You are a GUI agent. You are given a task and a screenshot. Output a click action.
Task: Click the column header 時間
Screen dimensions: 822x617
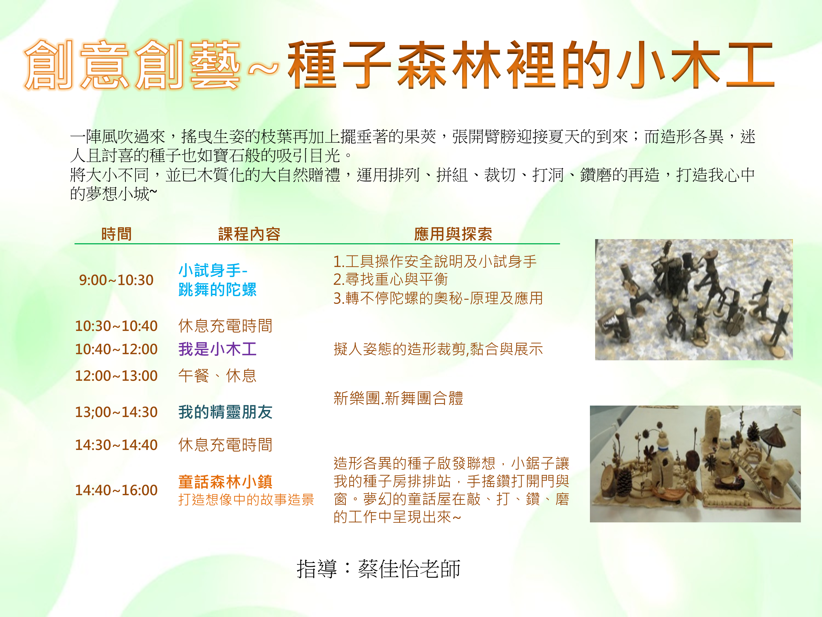pyautogui.click(x=116, y=234)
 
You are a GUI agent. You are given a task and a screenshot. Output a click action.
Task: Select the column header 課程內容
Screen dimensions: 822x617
pyautogui.click(x=249, y=234)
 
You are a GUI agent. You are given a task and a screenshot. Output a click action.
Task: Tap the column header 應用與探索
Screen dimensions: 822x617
pyautogui.click(x=453, y=234)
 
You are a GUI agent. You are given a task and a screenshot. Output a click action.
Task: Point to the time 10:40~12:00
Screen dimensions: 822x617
pyautogui.click(x=116, y=349)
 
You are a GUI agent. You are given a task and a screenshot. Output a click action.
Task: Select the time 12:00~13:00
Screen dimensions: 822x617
pyautogui.click(x=116, y=376)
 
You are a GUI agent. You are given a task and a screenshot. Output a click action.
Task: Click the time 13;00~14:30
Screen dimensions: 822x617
pyautogui.click(x=116, y=412)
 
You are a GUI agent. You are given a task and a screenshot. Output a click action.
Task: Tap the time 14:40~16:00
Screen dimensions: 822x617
pyautogui.click(x=116, y=490)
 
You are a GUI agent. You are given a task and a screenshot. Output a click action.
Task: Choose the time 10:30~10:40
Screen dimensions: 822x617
pyautogui.click(x=116, y=326)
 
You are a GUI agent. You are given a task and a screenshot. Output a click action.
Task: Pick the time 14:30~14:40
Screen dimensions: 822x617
pyautogui.click(x=116, y=445)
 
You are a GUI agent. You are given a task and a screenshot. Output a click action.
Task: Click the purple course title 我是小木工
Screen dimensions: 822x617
pyautogui.click(x=217, y=349)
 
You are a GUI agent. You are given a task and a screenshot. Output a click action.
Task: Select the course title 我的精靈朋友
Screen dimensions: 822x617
pyautogui.click(x=225, y=412)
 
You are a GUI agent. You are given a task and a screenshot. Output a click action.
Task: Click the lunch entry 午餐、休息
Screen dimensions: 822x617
pyautogui.click(x=217, y=376)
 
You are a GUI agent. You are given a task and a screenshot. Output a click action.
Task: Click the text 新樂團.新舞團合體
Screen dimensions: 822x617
pyautogui.click(x=398, y=398)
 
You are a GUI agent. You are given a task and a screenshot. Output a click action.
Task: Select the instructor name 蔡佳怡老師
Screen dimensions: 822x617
pyautogui.click(x=409, y=569)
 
